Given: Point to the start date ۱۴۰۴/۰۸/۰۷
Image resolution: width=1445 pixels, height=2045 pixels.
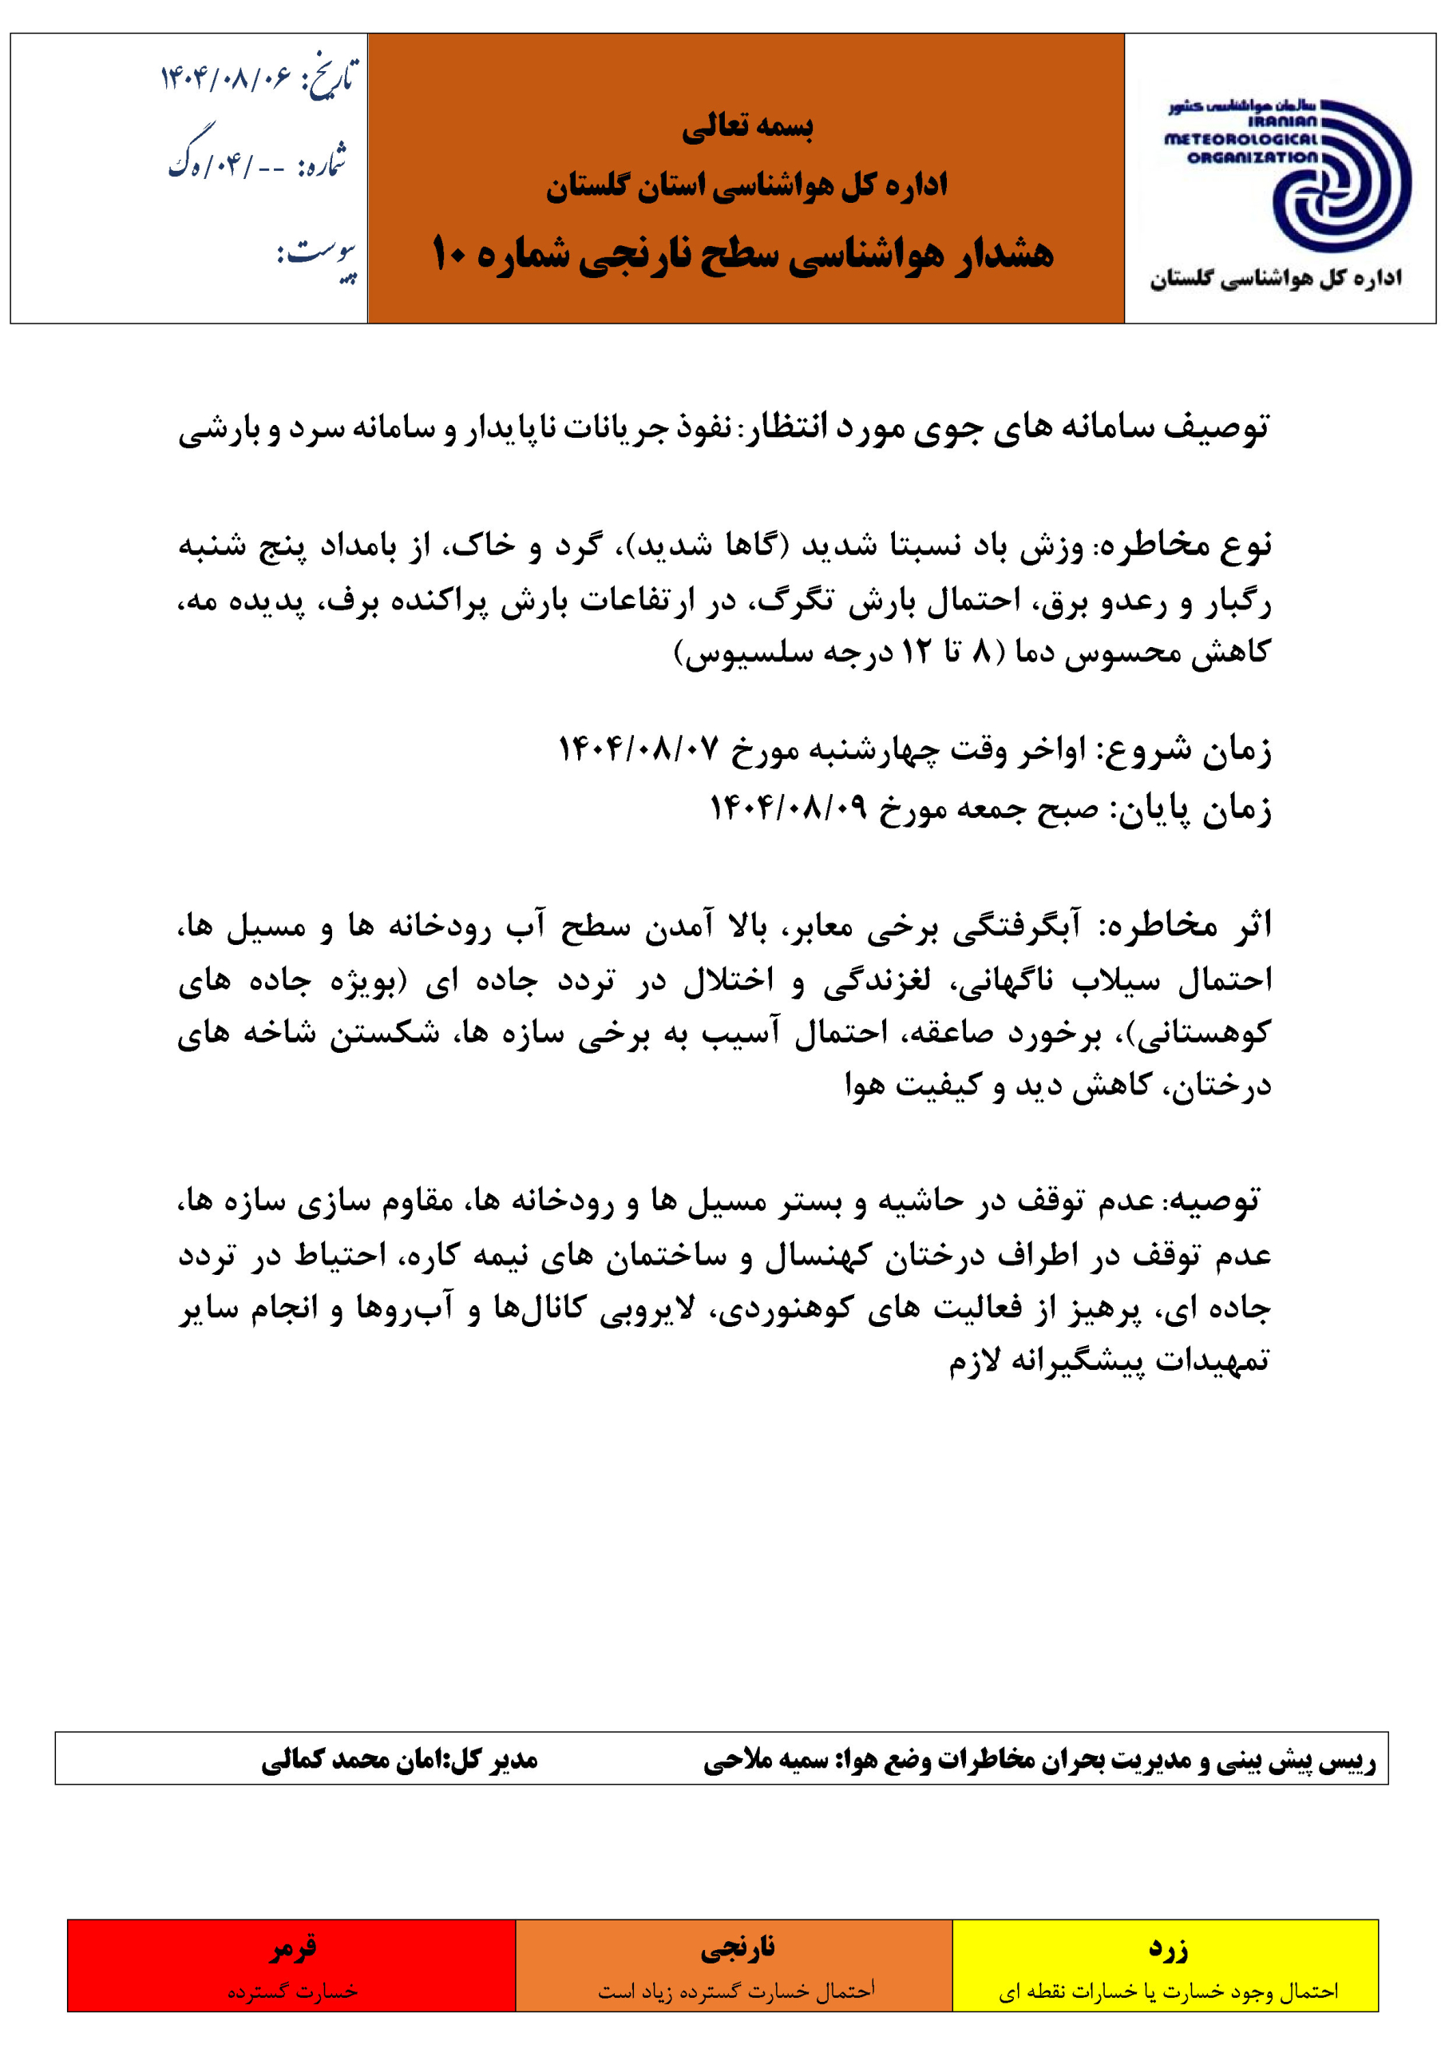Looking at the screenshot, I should [639, 749].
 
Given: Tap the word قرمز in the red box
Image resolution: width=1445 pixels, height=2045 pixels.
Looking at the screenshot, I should [293, 1949].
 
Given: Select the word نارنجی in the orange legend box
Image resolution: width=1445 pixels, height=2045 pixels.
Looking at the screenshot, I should [736, 1949].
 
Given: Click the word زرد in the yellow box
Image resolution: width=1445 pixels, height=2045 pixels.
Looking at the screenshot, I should [1168, 1949].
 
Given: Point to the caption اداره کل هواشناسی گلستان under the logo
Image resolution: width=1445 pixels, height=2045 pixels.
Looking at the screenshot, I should [1276, 279].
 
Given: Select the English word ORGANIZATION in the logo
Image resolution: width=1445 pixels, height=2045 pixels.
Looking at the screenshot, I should [1252, 157].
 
